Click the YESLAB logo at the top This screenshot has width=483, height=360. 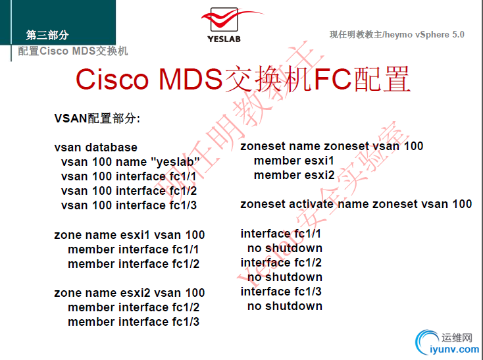coord(224,24)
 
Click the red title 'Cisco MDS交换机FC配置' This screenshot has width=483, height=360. coord(243,80)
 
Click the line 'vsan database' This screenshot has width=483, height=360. coord(95,147)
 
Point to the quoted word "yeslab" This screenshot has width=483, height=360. coord(175,162)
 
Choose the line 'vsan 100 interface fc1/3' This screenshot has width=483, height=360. coord(128,205)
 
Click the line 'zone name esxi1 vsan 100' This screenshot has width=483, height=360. coord(129,235)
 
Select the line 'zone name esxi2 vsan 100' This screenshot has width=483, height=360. coord(129,293)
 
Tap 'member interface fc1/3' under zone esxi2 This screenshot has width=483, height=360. coord(133,322)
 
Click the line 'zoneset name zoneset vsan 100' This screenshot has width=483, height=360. coord(332,146)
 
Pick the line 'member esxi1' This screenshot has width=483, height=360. coord(293,161)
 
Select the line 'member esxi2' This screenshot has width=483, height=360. coord(293,175)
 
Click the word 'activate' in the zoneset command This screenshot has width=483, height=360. coord(313,204)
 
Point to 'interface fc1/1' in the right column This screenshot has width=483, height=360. coord(281,234)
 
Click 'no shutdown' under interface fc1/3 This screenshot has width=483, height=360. coord(284,306)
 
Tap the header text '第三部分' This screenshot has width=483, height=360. coord(47,36)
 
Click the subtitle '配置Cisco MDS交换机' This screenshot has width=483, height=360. coord(72,51)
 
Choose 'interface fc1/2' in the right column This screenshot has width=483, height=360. coord(281,263)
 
